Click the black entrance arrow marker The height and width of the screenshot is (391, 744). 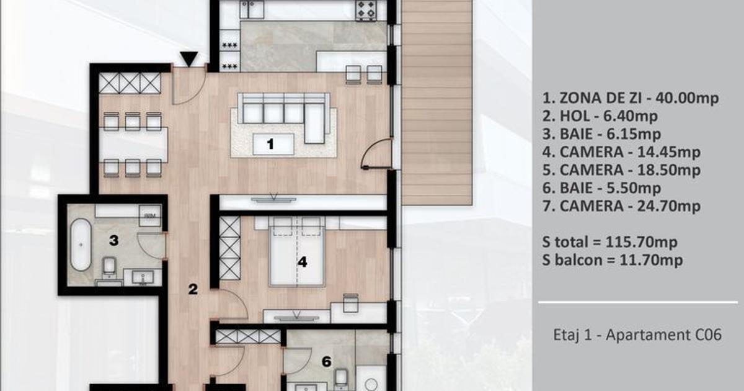[189, 59]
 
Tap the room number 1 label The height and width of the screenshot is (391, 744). [270, 144]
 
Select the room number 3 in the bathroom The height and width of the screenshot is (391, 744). [114, 240]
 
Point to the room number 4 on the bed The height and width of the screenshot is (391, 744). [303, 262]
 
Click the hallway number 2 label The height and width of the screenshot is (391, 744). [193, 289]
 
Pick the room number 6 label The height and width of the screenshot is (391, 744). [327, 361]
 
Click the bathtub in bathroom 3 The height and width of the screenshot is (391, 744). [81, 245]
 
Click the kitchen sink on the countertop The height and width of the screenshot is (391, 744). [252, 9]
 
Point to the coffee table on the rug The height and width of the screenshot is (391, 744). [273, 144]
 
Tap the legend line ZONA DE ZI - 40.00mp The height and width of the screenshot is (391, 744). [631, 98]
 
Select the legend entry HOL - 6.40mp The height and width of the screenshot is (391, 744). [600, 116]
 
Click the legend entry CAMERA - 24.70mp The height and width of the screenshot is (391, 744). [621, 206]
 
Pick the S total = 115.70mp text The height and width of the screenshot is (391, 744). [609, 242]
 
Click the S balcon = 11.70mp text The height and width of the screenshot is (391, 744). [613, 260]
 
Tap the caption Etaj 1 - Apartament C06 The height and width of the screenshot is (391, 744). [637, 335]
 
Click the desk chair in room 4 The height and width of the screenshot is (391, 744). [350, 303]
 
